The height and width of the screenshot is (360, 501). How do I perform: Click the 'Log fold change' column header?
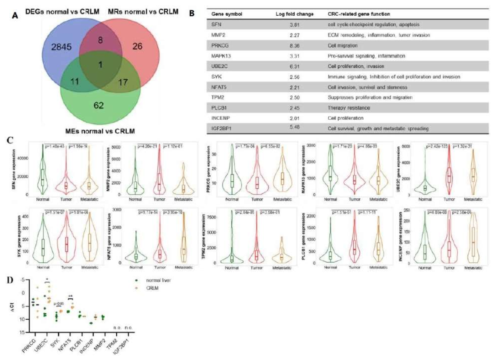294,14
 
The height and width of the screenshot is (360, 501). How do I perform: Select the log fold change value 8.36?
294,45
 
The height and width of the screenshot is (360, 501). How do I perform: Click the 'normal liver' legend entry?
155,281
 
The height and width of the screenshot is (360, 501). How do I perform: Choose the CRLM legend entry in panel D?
151,289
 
